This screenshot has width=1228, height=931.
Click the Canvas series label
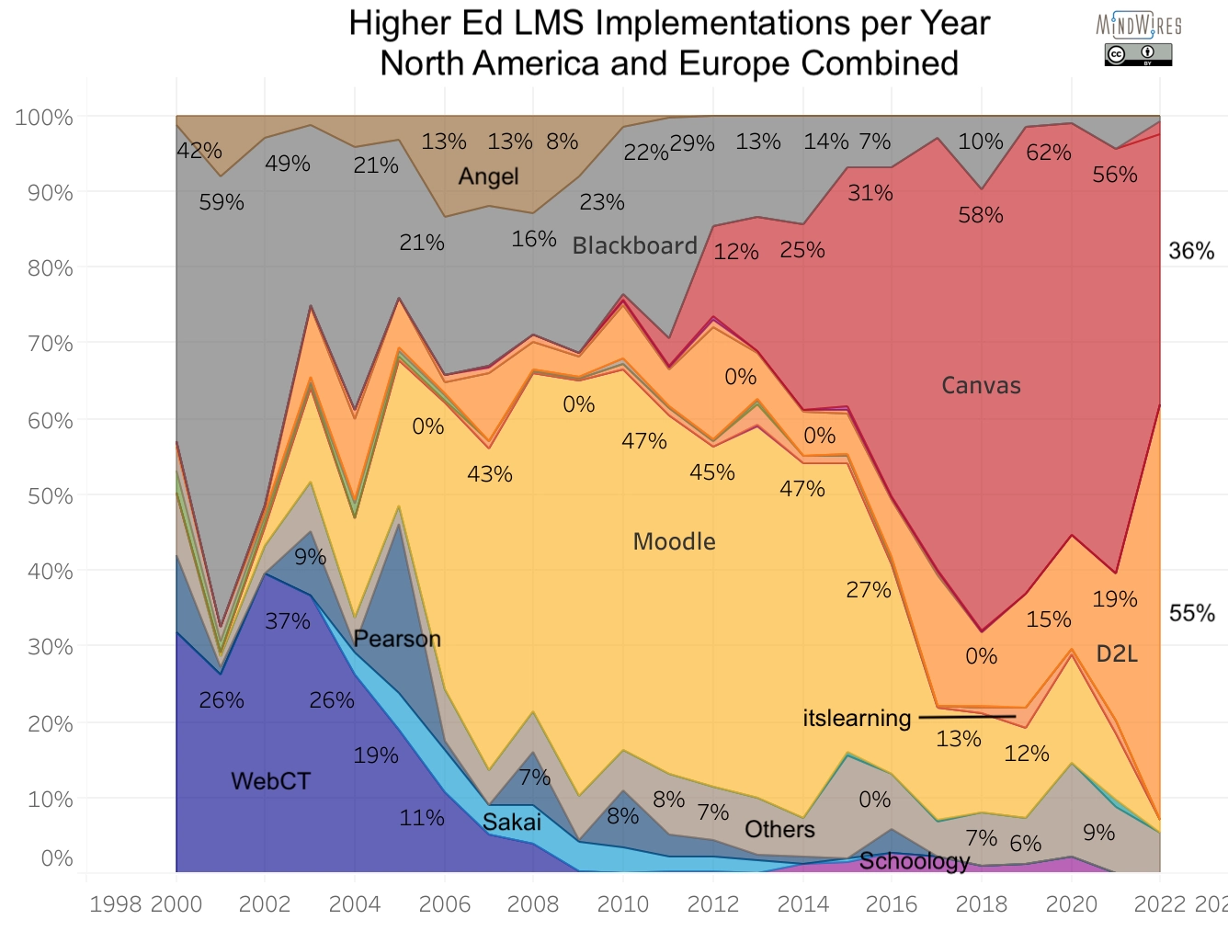coord(981,385)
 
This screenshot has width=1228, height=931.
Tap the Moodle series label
coord(674,541)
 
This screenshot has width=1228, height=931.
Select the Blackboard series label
coord(634,245)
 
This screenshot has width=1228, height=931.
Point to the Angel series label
coord(488,176)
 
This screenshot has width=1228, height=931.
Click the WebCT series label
coord(270,780)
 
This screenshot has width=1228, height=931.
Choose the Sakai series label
coord(511,822)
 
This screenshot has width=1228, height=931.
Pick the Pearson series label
coord(397,639)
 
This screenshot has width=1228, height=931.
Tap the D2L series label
coord(1117,653)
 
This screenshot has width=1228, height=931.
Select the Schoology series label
coord(914,860)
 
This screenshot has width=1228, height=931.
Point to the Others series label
coord(779,829)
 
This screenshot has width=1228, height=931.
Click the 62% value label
coord(1049,153)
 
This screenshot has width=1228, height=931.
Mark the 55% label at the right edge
coord(1191,613)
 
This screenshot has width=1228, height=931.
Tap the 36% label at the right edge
coord(1191,251)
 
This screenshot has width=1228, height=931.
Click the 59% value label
coord(222,202)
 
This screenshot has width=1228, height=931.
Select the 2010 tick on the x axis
coord(623,904)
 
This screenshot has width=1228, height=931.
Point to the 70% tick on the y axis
coord(43,344)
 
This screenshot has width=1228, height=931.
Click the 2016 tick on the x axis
coord(892,904)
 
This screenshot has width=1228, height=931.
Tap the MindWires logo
coord(1139,25)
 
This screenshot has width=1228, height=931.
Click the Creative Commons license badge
coord(1138,55)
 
